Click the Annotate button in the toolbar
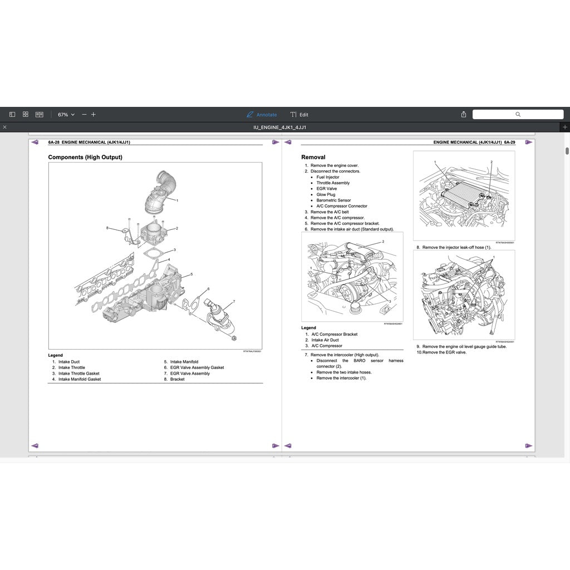point(262,115)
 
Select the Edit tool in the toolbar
point(299,115)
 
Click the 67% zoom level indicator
point(66,115)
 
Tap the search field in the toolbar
point(518,115)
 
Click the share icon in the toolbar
point(464,115)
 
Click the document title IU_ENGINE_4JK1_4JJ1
point(279,127)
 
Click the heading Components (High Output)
point(85,158)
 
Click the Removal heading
point(313,158)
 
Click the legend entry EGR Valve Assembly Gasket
point(197,367)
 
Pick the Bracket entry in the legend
point(178,379)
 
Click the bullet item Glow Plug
point(326,194)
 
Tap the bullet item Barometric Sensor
point(333,200)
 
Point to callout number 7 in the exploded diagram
point(234,302)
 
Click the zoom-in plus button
point(94,115)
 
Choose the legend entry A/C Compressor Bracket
point(335,334)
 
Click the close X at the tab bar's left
point(5,127)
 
